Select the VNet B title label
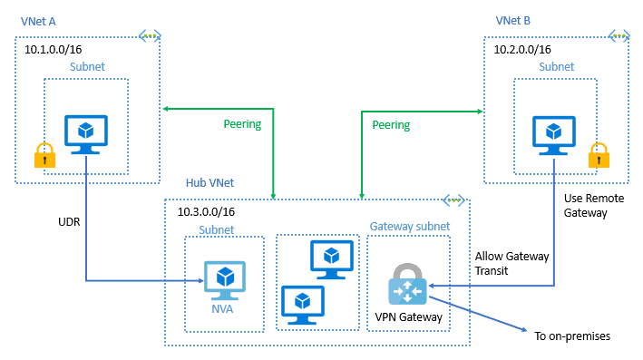tap(512, 19)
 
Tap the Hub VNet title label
tap(209, 182)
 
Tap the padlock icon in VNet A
tap(43, 156)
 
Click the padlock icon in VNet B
tap(599, 156)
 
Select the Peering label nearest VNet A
tap(242, 124)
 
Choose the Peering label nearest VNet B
tap(391, 124)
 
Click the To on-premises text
tap(571, 336)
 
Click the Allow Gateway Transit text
tap(512, 263)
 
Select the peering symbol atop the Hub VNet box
tap(453, 199)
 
